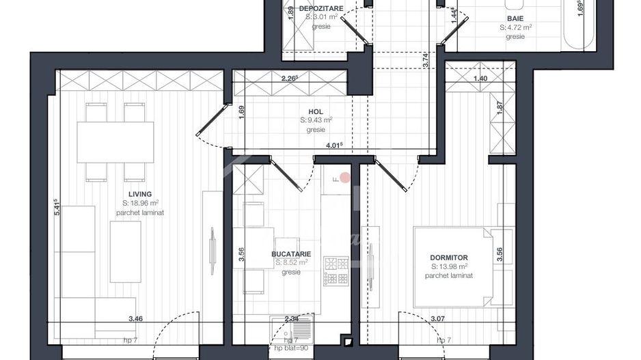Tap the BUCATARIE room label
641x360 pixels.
coord(291,254)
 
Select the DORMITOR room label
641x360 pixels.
coord(449,258)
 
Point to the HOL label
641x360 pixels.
coord(315,111)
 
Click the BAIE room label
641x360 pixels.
coord(515,19)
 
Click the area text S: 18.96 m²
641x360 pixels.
coord(141,203)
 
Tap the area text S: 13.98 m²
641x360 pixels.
coord(449,266)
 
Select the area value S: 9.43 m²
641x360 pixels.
coord(316,120)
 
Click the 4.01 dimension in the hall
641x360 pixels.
coord(333,145)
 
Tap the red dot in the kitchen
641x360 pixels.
coord(345,178)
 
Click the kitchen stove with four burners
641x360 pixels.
coord(336,271)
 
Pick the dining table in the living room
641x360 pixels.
coord(115,142)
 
